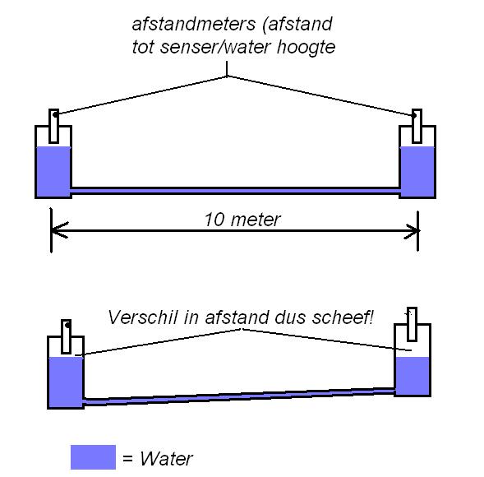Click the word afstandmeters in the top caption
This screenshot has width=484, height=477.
194,24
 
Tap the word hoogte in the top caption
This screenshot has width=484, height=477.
306,48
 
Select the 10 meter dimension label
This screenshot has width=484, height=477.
242,220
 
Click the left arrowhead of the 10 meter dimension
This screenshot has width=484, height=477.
59,230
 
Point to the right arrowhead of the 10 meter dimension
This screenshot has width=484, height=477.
412,231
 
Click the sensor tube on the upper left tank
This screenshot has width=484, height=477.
53,126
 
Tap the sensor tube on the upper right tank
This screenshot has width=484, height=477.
417,126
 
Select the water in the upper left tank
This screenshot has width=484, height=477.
53,171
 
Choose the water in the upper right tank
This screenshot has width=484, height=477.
417,171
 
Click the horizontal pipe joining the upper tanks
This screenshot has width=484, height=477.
235,191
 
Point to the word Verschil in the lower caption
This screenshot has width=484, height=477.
143,317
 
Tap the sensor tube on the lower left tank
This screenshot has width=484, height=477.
66,336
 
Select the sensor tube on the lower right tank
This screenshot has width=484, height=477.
412,324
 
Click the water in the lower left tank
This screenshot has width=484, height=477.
66,382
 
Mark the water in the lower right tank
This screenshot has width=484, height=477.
413,376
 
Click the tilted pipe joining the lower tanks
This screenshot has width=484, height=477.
239,396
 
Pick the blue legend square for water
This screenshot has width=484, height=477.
93,457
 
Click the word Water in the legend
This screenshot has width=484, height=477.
166,458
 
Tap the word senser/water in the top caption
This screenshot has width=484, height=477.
216,48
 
